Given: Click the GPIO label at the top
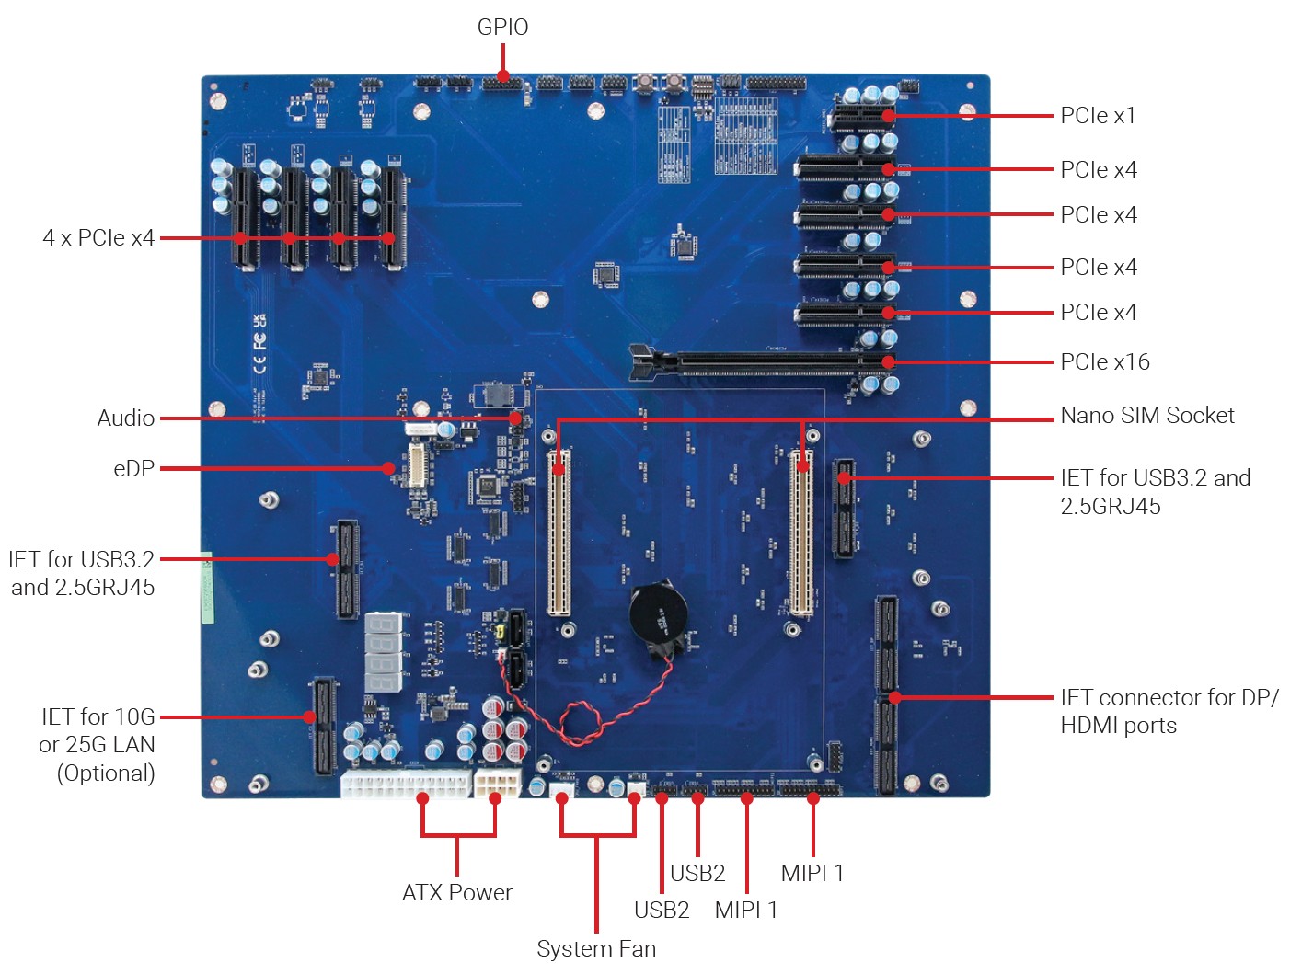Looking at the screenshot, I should (x=502, y=28).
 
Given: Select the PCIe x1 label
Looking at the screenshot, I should (x=1098, y=116).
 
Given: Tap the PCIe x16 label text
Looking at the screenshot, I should (x=1104, y=362).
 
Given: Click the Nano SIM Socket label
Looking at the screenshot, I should (x=1146, y=416).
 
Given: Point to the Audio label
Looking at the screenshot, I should (x=126, y=418).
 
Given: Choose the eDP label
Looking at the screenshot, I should (x=134, y=469).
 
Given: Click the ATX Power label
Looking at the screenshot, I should (x=457, y=892).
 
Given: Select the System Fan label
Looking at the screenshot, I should (x=596, y=948).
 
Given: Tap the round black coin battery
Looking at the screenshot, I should (x=659, y=611).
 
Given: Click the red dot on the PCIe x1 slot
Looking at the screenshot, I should (x=888, y=116).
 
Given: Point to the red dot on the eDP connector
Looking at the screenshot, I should (x=389, y=468).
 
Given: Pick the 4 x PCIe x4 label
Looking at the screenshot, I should (x=98, y=238).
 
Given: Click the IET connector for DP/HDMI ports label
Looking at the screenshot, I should (x=1169, y=711).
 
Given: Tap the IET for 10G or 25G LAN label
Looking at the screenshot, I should (x=98, y=745).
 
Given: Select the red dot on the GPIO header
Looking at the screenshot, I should (x=503, y=76).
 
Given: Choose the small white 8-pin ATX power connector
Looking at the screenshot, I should (x=497, y=783).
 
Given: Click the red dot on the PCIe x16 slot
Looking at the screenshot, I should (x=888, y=362).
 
